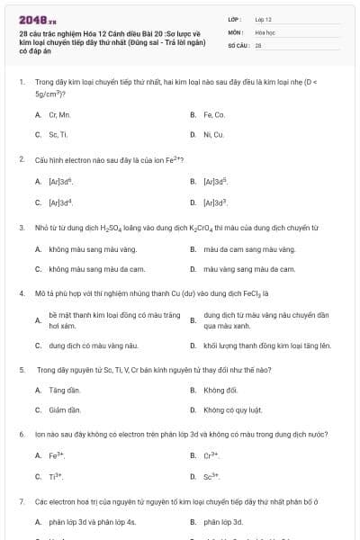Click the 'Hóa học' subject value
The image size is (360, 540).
click(x=265, y=31)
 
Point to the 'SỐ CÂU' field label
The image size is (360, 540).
click(x=237, y=44)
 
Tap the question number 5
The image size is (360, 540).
click(x=22, y=370)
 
